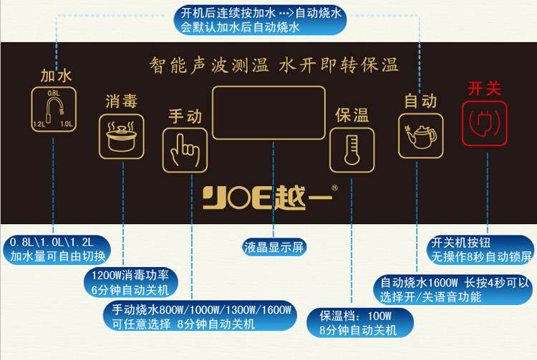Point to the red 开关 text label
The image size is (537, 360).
click(x=485, y=89)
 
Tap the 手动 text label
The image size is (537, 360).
click(x=185, y=116)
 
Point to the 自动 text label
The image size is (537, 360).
click(x=420, y=101)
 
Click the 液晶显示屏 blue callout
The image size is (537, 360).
click(x=274, y=248)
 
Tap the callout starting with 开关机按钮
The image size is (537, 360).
click(x=480, y=248)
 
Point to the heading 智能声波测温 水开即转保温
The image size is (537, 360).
click(x=274, y=66)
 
